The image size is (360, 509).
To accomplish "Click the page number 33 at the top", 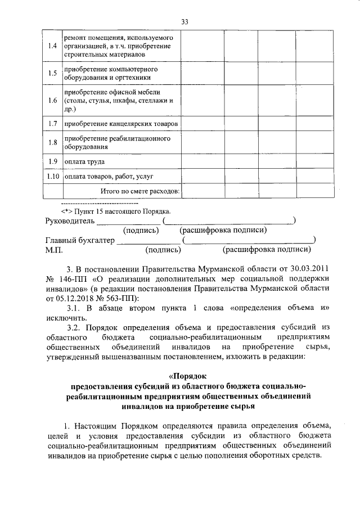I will coord(184,22).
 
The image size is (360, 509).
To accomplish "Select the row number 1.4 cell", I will coord(53,46).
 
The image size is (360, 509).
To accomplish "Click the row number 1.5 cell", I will coord(53,73).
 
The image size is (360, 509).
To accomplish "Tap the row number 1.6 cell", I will coord(53,101).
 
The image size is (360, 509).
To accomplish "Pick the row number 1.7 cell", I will coord(53,123).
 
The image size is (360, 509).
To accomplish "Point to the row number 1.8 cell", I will coord(53,142).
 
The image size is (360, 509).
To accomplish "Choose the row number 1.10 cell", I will coord(53,177).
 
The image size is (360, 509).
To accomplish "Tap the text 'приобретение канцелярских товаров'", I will coord(121,123).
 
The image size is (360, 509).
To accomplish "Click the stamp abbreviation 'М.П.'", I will coord(54,250).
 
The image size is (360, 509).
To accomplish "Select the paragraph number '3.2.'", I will coord(75,328).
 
